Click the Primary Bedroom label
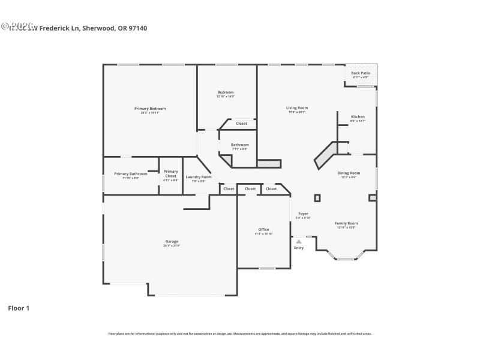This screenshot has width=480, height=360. pyautogui.click(x=150, y=109)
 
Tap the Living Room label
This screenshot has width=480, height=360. pyautogui.click(x=297, y=108)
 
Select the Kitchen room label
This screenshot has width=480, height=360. pyautogui.click(x=358, y=116)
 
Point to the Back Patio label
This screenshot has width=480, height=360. pyautogui.click(x=361, y=73)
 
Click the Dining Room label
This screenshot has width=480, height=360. pyautogui.click(x=349, y=173)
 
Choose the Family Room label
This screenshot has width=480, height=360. pyautogui.click(x=346, y=223)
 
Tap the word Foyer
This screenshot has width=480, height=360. pyautogui.click(x=303, y=214)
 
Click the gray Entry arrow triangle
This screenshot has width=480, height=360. pyautogui.click(x=299, y=241)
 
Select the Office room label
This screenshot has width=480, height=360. pyautogui.click(x=263, y=229)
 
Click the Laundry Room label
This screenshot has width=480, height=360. pyautogui.click(x=199, y=177)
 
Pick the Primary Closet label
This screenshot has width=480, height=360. pyautogui.click(x=170, y=173)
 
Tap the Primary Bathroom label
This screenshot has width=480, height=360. pyautogui.click(x=130, y=174)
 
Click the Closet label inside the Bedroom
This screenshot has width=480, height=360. pyautogui.click(x=241, y=124)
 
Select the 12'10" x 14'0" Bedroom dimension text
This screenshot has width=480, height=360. pyautogui.click(x=226, y=96)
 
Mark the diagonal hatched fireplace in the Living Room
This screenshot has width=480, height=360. pyautogui.click(x=326, y=155)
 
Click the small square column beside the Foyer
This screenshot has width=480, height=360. pyautogui.click(x=317, y=197)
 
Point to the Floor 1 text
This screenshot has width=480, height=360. pyautogui.click(x=19, y=308)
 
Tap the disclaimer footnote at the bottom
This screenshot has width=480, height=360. pyautogui.click(x=239, y=334)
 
